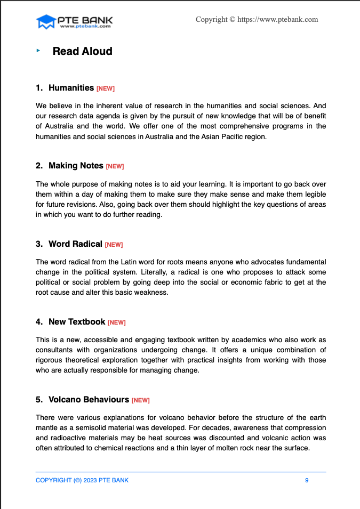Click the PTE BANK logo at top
(74, 22)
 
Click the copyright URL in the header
(257, 20)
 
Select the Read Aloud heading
(82, 51)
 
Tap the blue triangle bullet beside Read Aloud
(38, 51)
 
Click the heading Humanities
(71, 87)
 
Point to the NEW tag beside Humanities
(106, 88)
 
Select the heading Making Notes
(76, 166)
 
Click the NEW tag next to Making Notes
(115, 167)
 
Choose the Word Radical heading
(75, 244)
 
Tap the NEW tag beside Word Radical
(114, 245)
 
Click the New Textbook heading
(77, 321)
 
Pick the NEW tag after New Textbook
(116, 322)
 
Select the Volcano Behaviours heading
(89, 399)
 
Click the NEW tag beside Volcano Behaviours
(140, 400)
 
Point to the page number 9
(307, 480)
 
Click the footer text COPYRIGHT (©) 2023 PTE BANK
(82, 480)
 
